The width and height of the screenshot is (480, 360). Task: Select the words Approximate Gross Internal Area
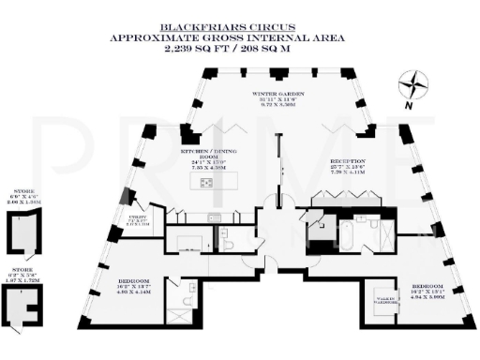pos(239,37)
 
